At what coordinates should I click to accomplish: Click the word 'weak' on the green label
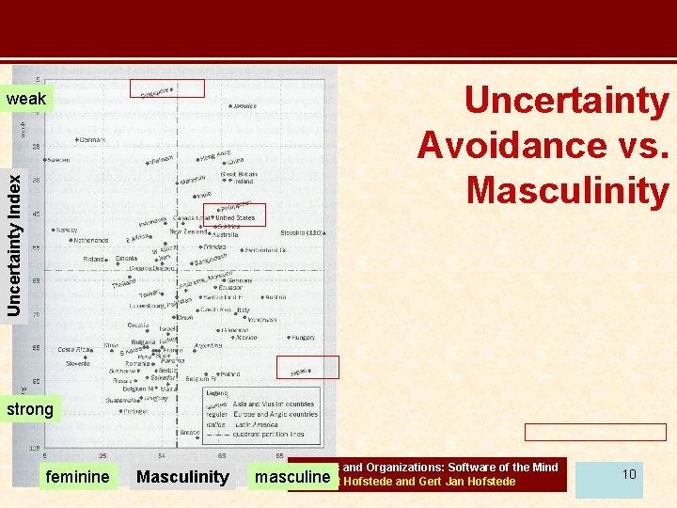coord(26,99)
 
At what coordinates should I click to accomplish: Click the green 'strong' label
coord(30,410)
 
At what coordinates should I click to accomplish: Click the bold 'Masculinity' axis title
coord(182,477)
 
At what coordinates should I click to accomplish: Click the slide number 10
coord(628,474)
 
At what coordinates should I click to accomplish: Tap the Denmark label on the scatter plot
coord(92,140)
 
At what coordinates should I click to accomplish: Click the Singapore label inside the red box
coord(156,91)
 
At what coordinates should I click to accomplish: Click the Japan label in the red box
coord(300,371)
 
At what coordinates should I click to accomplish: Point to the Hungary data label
coord(303,337)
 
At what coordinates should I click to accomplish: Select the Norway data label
coord(67,230)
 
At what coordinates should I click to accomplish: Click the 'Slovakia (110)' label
coord(301,232)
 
